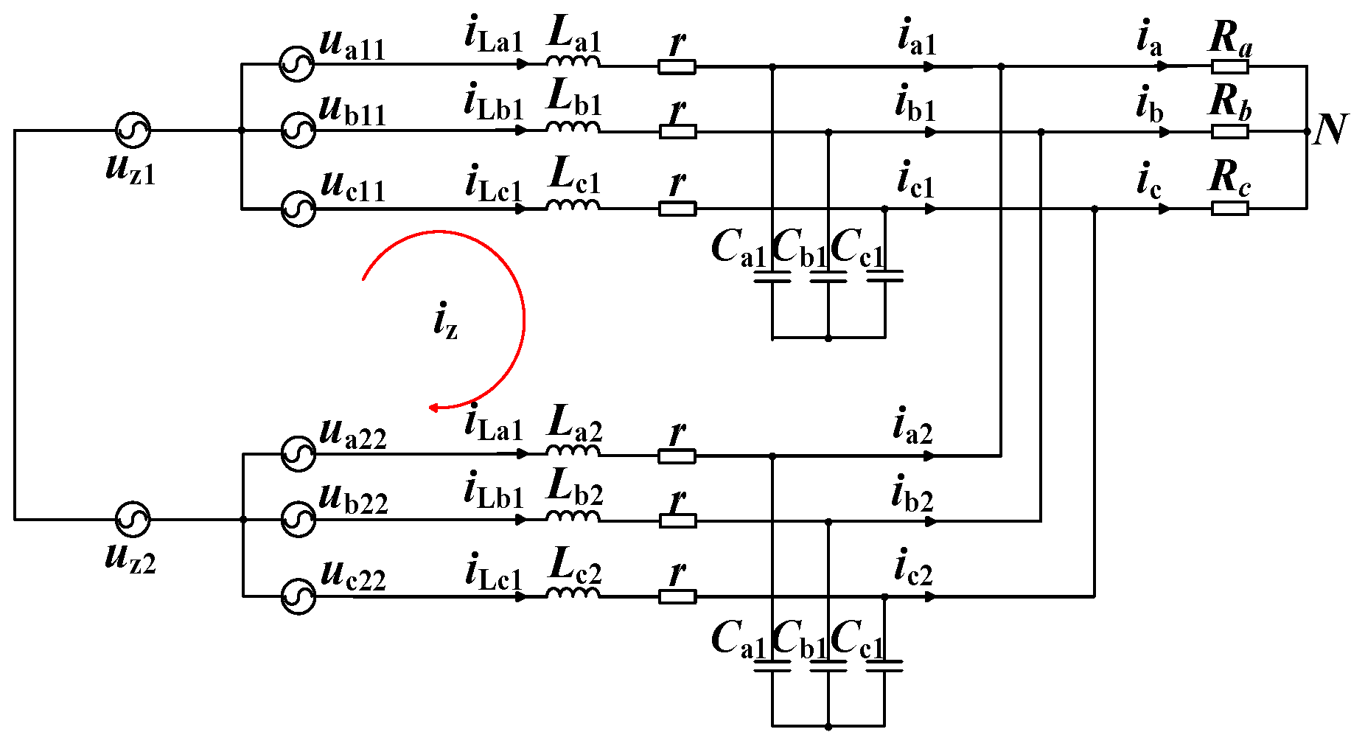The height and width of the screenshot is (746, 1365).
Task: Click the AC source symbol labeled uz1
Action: pyautogui.click(x=133, y=130)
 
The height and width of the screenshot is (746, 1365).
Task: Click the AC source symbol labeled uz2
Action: pyautogui.click(x=133, y=520)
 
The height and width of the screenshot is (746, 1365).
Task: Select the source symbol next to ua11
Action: pyautogui.click(x=298, y=64)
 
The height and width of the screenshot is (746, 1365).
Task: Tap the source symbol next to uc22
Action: pyautogui.click(x=299, y=596)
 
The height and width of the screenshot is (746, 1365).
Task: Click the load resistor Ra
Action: pyautogui.click(x=1229, y=67)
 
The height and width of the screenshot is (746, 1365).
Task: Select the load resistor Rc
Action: pyautogui.click(x=1229, y=209)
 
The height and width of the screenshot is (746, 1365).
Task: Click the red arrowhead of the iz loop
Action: pyautogui.click(x=435, y=407)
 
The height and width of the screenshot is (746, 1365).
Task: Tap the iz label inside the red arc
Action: pyautogui.click(x=445, y=321)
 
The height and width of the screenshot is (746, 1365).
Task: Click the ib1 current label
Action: pyautogui.click(x=915, y=104)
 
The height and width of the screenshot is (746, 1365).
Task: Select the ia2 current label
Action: pyautogui.click(x=912, y=427)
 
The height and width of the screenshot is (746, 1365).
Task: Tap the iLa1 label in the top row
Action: pyautogui.click(x=493, y=36)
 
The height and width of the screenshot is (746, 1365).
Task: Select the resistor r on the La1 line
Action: pyautogui.click(x=677, y=67)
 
